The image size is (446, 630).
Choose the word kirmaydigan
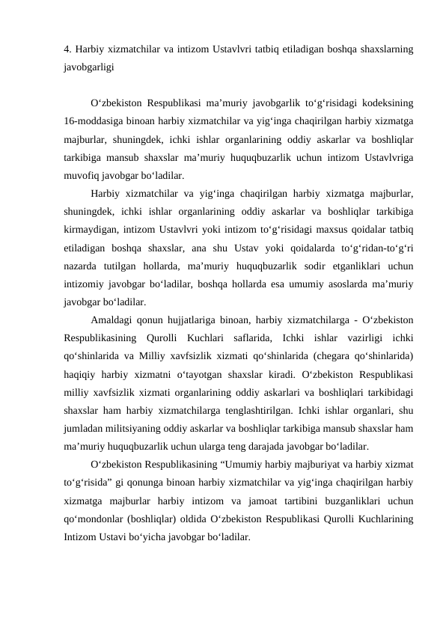point(91,224)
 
